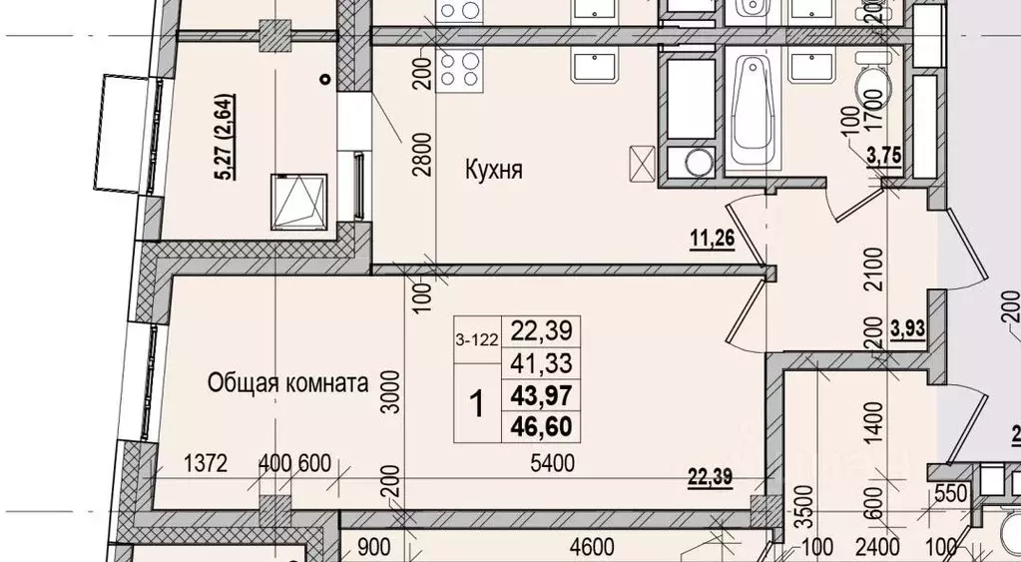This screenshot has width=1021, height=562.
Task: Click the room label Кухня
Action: pos(494,171)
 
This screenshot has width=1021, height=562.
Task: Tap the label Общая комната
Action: pos(288,381)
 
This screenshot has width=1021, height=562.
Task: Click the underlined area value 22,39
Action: pos(711,478)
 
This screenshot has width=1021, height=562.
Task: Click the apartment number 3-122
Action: pos(478,339)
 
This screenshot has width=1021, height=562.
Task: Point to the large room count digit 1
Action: pos(478,404)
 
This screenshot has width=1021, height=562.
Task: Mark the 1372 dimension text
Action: pos(208,463)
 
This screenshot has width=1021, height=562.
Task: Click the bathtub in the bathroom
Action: pos(751,112)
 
